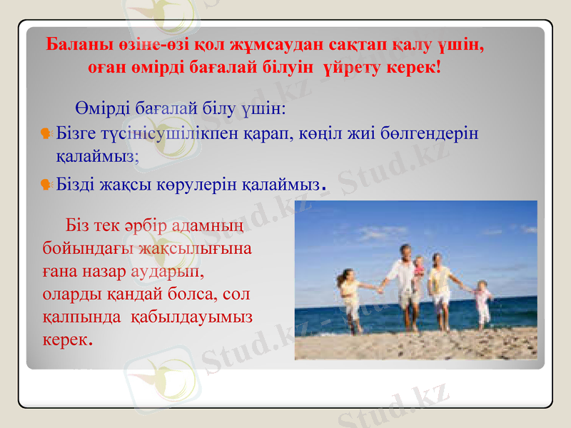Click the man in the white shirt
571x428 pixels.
point(404,285)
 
